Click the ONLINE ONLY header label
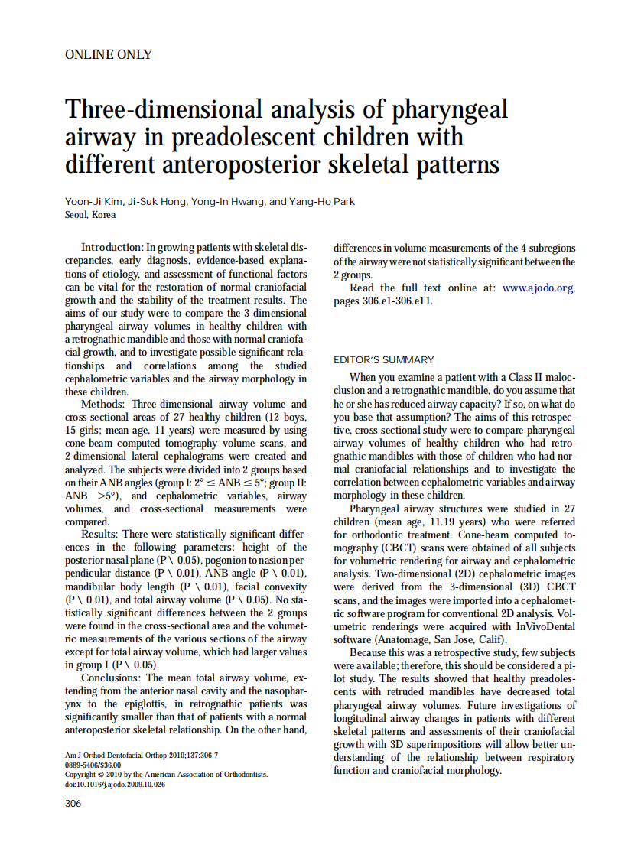click(x=109, y=54)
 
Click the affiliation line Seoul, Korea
click(x=90, y=215)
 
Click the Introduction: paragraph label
click(x=112, y=249)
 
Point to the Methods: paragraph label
click(x=104, y=404)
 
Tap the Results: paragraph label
click(x=102, y=534)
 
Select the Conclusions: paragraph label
click(x=112, y=678)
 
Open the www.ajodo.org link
click(x=538, y=288)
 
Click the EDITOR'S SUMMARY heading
click(x=384, y=360)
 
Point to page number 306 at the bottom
click(x=73, y=804)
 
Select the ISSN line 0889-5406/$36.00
click(x=93, y=765)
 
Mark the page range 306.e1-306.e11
click(x=395, y=301)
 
